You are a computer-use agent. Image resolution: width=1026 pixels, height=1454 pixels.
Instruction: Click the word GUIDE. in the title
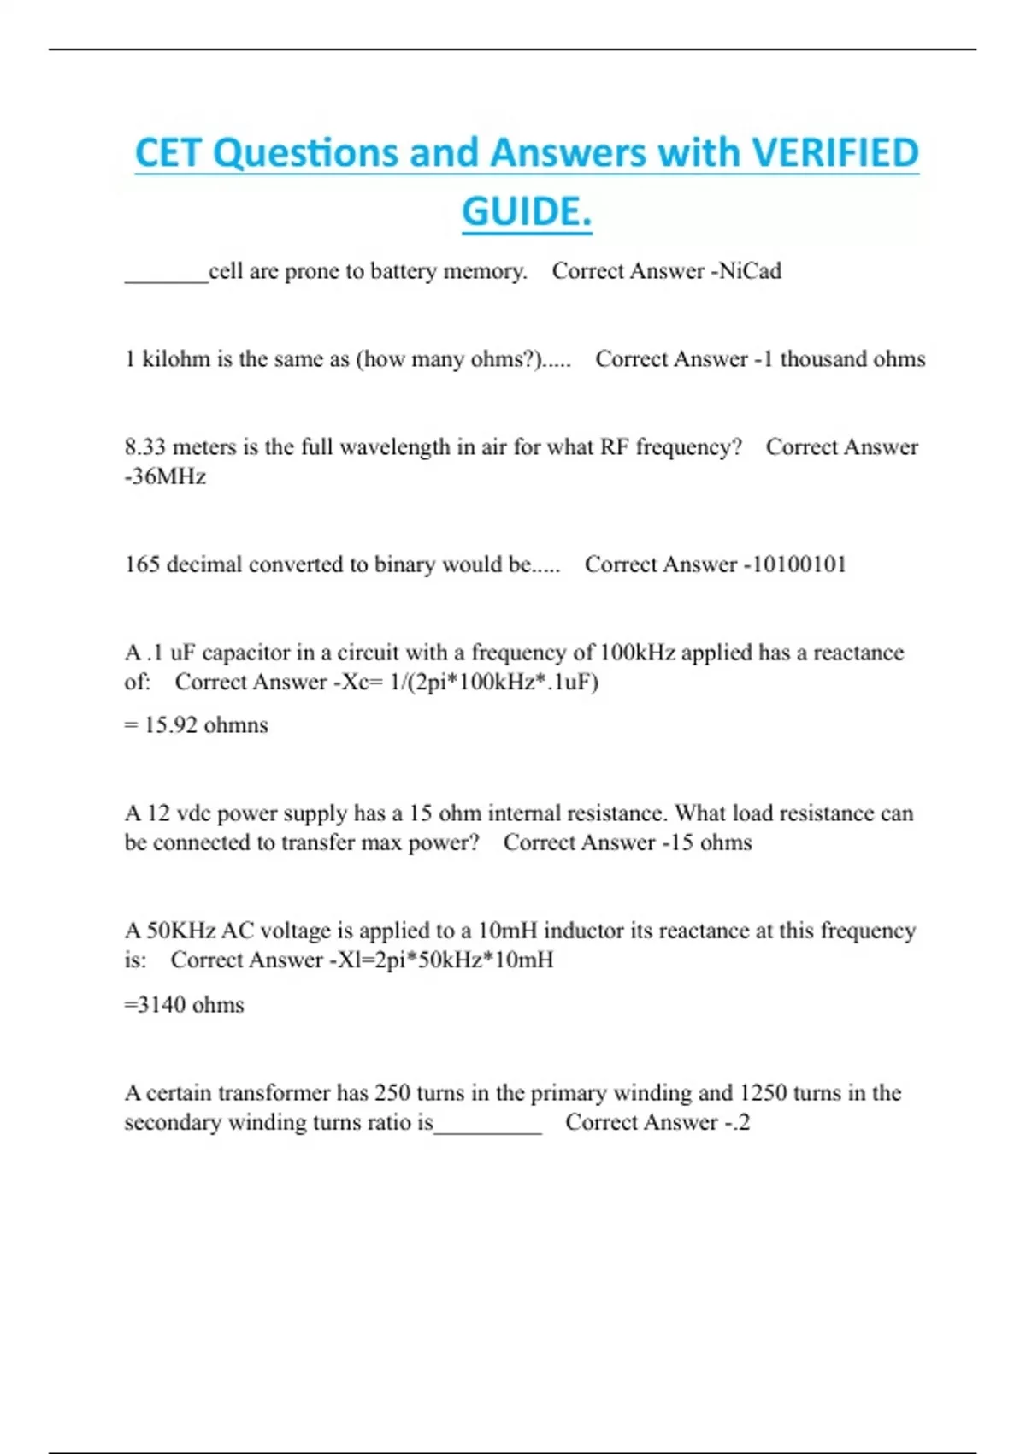(x=527, y=211)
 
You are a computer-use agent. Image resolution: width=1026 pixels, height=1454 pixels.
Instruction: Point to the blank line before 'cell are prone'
(x=166, y=275)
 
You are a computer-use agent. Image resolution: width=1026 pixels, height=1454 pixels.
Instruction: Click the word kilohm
(x=176, y=359)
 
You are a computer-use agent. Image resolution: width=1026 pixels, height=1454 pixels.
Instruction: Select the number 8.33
(x=145, y=447)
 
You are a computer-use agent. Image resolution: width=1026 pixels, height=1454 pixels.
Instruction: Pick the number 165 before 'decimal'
(x=142, y=564)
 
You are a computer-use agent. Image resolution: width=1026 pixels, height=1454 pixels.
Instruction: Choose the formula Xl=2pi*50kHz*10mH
(x=445, y=960)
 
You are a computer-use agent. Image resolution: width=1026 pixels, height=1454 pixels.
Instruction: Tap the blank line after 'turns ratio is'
(x=487, y=1127)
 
